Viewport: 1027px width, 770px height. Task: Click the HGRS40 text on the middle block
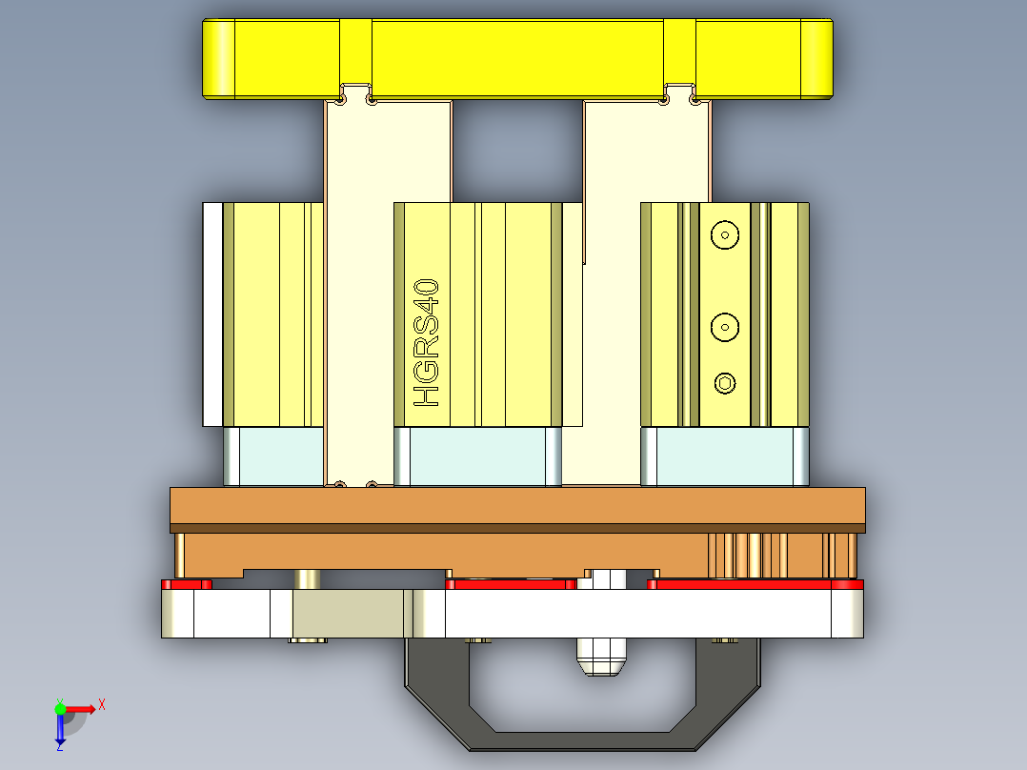427,343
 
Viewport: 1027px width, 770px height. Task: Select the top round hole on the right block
725,234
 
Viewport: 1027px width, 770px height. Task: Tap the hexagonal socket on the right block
725,384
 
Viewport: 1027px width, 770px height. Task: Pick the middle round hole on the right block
725,327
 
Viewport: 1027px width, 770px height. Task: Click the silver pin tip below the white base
598,657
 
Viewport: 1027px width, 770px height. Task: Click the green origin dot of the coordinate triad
60,707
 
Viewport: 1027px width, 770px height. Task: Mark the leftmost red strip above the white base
187,583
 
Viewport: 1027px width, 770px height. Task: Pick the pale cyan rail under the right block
724,456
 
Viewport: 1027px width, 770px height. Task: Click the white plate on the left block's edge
211,314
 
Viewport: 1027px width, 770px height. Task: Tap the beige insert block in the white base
351,614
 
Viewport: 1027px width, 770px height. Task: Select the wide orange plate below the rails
517,505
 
